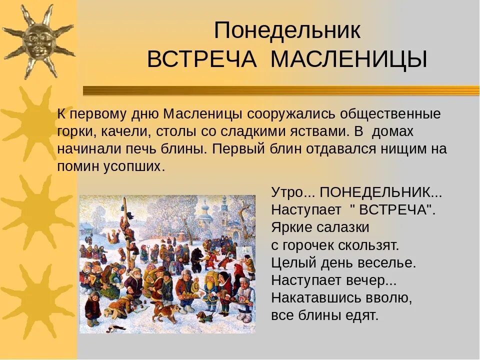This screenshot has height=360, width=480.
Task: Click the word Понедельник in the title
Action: (287, 31)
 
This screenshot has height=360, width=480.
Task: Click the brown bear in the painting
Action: (196, 254)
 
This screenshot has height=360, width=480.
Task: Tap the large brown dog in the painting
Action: (164, 311)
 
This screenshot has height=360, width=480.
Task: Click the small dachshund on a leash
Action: (200, 317)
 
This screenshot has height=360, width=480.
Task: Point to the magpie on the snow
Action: (117, 328)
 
